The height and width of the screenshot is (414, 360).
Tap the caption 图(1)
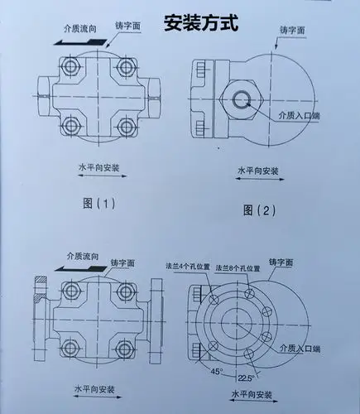(x=95, y=202)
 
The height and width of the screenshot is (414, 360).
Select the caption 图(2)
(x=257, y=210)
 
